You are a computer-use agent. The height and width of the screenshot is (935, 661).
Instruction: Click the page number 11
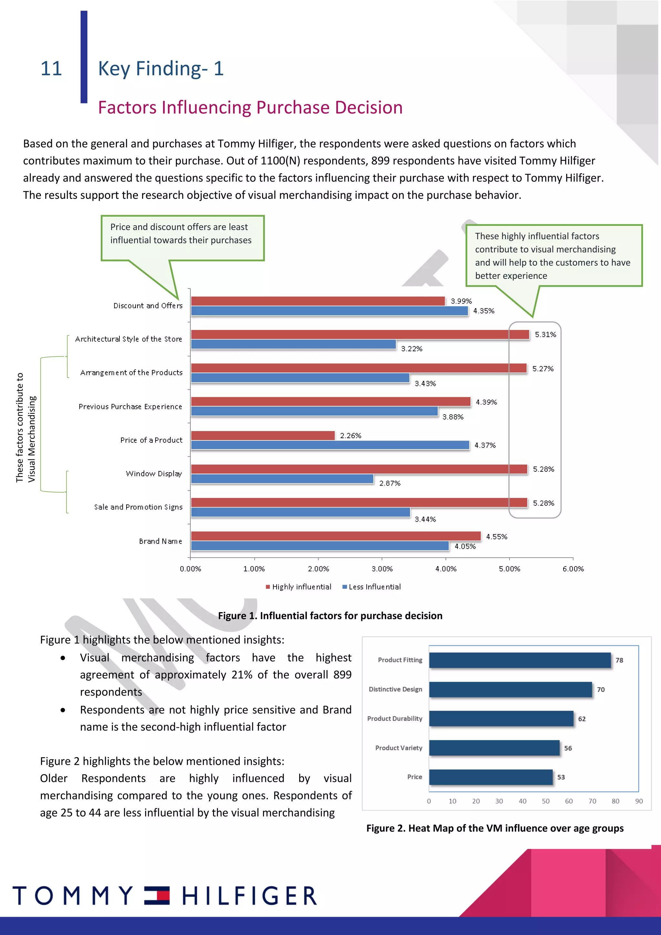pos(51,68)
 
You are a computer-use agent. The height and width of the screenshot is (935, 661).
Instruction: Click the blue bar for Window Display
pos(282,479)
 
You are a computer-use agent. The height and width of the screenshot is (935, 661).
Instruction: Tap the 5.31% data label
pos(545,334)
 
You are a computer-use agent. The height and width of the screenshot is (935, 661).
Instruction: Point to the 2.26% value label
pos(351,435)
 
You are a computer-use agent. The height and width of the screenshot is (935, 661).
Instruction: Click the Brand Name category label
pos(160,541)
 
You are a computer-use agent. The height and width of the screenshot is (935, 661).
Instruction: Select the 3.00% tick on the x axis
pos(382,569)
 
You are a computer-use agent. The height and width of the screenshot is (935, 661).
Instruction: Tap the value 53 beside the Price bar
pos(561,777)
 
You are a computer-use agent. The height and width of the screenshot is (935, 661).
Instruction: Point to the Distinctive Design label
pos(395,689)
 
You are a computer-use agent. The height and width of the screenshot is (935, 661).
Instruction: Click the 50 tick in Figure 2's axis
pos(545,801)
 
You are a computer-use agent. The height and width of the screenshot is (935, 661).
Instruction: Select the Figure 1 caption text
pos(330,615)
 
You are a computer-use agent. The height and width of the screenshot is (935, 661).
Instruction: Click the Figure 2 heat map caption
pos(494,828)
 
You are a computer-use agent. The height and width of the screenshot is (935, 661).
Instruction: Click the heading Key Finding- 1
pos(161,68)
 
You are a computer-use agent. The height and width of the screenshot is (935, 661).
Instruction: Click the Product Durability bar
pos(501,718)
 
